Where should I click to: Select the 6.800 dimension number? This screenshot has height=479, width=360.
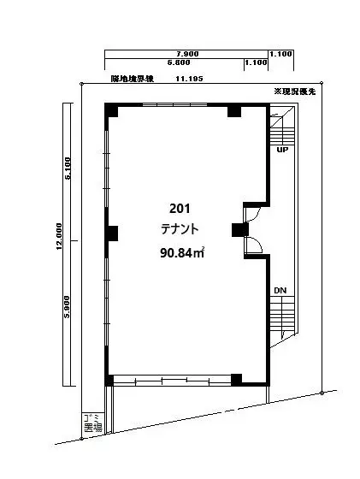178,62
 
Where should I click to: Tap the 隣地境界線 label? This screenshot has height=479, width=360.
132,78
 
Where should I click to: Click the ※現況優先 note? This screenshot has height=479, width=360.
294,91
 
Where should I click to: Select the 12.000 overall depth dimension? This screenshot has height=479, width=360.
59,235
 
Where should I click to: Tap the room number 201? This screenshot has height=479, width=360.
180,209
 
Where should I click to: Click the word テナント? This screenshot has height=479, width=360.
180,229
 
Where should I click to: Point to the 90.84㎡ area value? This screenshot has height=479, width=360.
182,252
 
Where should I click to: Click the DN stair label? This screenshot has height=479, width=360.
280,292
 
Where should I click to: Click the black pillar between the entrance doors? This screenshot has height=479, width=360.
239,230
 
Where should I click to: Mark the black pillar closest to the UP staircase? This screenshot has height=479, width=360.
233,111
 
